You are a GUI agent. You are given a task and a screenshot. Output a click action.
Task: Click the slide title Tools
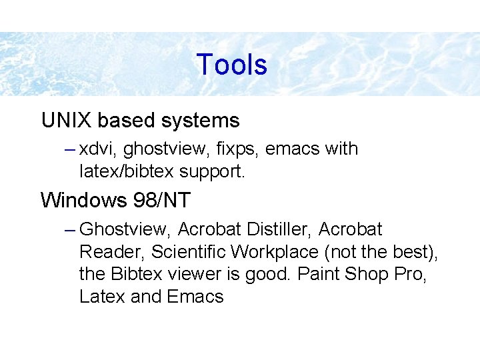[232, 65]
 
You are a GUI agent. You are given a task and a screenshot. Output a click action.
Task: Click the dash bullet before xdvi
[72, 149]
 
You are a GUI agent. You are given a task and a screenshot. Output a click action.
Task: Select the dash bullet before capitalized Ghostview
[72, 230]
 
